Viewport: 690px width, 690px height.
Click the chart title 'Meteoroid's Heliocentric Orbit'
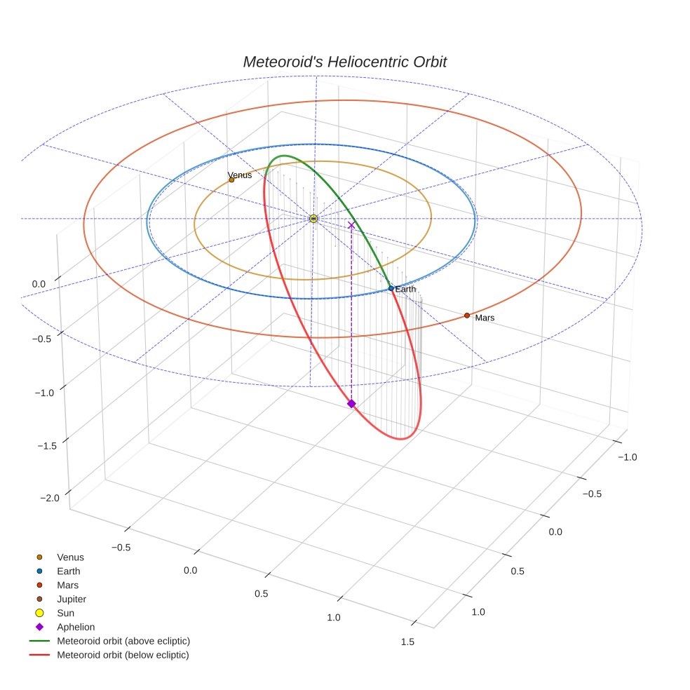click(x=344, y=62)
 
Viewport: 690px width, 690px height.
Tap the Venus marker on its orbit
click(x=231, y=180)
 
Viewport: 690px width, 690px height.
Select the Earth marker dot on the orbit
click(x=391, y=288)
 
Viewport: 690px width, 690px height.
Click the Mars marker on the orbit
click(x=467, y=316)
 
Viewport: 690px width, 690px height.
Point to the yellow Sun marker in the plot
click(x=313, y=219)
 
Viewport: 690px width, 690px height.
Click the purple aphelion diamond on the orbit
click(x=351, y=403)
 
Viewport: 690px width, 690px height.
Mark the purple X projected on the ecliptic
click(x=351, y=225)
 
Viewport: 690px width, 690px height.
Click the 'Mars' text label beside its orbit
click(x=485, y=318)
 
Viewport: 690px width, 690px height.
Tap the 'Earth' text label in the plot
click(x=405, y=289)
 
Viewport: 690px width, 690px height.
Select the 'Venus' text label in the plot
click(x=240, y=175)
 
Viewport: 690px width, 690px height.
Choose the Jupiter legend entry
click(x=72, y=599)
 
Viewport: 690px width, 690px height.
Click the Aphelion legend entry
click(x=76, y=627)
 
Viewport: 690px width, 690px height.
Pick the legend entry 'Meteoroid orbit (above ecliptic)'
click(x=123, y=641)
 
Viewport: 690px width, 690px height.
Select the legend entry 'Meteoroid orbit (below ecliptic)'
click(x=123, y=655)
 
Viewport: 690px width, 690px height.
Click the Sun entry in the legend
click(x=66, y=613)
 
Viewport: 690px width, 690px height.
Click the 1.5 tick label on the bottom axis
click(x=406, y=642)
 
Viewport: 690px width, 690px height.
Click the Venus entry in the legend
click(x=70, y=557)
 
